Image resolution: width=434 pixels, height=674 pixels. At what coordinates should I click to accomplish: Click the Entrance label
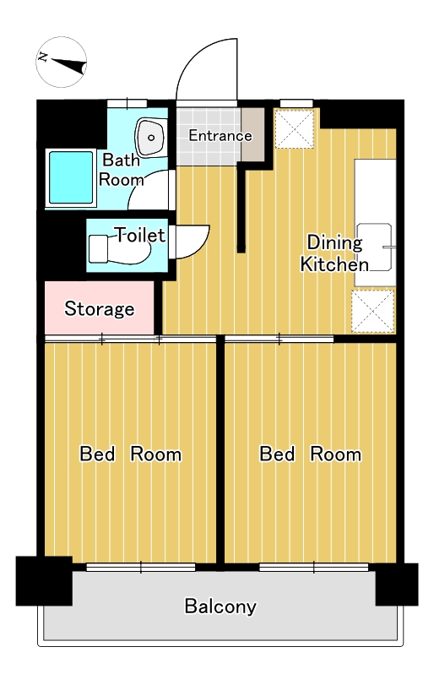(x=220, y=136)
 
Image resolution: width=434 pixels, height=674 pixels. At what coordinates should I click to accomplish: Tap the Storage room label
(x=100, y=308)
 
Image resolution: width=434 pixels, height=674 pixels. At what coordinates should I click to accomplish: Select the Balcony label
(x=220, y=606)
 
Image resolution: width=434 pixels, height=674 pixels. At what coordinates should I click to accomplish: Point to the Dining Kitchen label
(x=334, y=253)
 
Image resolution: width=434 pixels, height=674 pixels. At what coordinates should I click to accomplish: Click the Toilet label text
(x=140, y=235)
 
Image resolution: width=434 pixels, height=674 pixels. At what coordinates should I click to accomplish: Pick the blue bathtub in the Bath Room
(x=71, y=177)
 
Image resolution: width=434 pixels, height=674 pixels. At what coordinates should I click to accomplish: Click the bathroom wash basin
(x=151, y=137)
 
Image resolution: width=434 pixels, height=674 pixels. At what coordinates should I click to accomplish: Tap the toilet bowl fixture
(x=119, y=248)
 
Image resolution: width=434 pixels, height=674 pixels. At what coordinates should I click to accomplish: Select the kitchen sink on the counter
(x=375, y=247)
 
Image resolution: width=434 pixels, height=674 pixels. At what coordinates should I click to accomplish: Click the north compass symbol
(x=61, y=63)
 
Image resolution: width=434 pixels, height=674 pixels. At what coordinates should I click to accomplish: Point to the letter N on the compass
(x=42, y=57)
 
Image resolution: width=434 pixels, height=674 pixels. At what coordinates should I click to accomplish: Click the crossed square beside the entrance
(x=295, y=129)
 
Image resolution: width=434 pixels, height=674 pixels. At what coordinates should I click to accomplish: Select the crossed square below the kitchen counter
(x=373, y=311)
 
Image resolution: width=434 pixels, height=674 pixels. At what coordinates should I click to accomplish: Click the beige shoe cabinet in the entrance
(x=252, y=134)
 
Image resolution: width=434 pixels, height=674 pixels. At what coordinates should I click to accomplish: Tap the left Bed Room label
(x=131, y=454)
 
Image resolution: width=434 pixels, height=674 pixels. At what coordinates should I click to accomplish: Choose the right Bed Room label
(x=310, y=454)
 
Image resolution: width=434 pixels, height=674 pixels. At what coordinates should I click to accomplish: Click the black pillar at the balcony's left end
(x=44, y=581)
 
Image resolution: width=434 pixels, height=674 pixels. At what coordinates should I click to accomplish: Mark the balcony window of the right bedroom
(x=314, y=568)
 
